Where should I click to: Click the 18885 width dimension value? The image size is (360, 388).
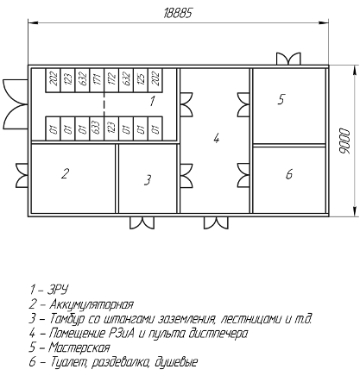coord(178,13)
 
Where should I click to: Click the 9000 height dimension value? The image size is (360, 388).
coord(344,141)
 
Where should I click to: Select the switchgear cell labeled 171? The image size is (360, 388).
coord(97,80)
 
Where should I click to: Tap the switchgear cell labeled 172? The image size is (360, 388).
coord(111,80)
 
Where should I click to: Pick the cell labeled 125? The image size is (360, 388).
coord(141,80)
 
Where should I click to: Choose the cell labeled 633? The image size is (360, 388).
coord(97,128)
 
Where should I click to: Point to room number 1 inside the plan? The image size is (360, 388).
coord(153,101)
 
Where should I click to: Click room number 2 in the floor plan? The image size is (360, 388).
coord(66,173)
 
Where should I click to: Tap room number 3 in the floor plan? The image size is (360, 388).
coord(148,180)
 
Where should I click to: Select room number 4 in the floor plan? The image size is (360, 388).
coord(217,138)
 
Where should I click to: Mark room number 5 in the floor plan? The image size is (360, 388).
coord(281,99)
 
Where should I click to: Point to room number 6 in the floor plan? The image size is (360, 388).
coord(289,174)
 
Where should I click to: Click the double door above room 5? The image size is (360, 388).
coord(288,59)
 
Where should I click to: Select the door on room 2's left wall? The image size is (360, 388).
coord(22,175)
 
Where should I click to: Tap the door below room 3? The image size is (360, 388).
coord(142,222)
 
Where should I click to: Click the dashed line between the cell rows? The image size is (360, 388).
coord(104,104)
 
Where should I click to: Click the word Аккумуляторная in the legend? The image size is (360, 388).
coord(92,304)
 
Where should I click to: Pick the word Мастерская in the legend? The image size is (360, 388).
coord(79,347)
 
